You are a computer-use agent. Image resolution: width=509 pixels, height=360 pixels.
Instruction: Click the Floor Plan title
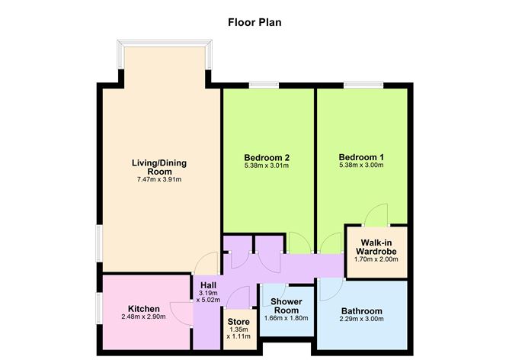255,21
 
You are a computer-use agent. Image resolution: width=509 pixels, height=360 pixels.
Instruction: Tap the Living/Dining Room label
159,168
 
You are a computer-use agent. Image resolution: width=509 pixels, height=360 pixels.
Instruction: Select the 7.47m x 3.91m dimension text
159,180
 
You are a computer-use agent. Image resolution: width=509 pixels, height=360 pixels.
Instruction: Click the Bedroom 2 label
267,158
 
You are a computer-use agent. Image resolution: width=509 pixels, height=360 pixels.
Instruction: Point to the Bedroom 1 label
361,158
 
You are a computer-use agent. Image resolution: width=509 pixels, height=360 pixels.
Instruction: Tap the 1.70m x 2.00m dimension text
376,259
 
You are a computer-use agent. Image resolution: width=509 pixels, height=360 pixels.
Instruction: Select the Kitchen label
143,309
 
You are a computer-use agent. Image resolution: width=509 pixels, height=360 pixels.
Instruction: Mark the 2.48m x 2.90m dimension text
143,317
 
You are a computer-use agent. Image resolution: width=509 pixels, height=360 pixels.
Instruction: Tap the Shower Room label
287,305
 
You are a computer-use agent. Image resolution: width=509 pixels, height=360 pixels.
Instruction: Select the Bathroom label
362,311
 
